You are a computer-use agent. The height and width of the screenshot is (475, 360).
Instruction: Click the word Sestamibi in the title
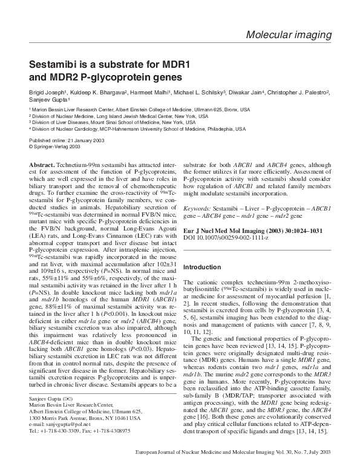pyautogui.click(x=56, y=65)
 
